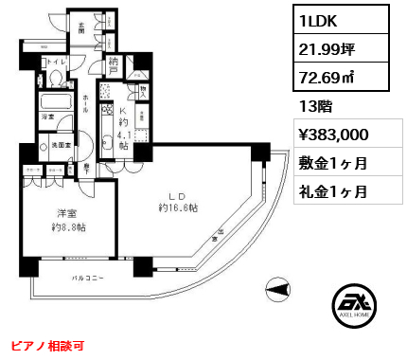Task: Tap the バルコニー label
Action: click(x=87, y=278)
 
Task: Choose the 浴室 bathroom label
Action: click(x=48, y=117)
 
